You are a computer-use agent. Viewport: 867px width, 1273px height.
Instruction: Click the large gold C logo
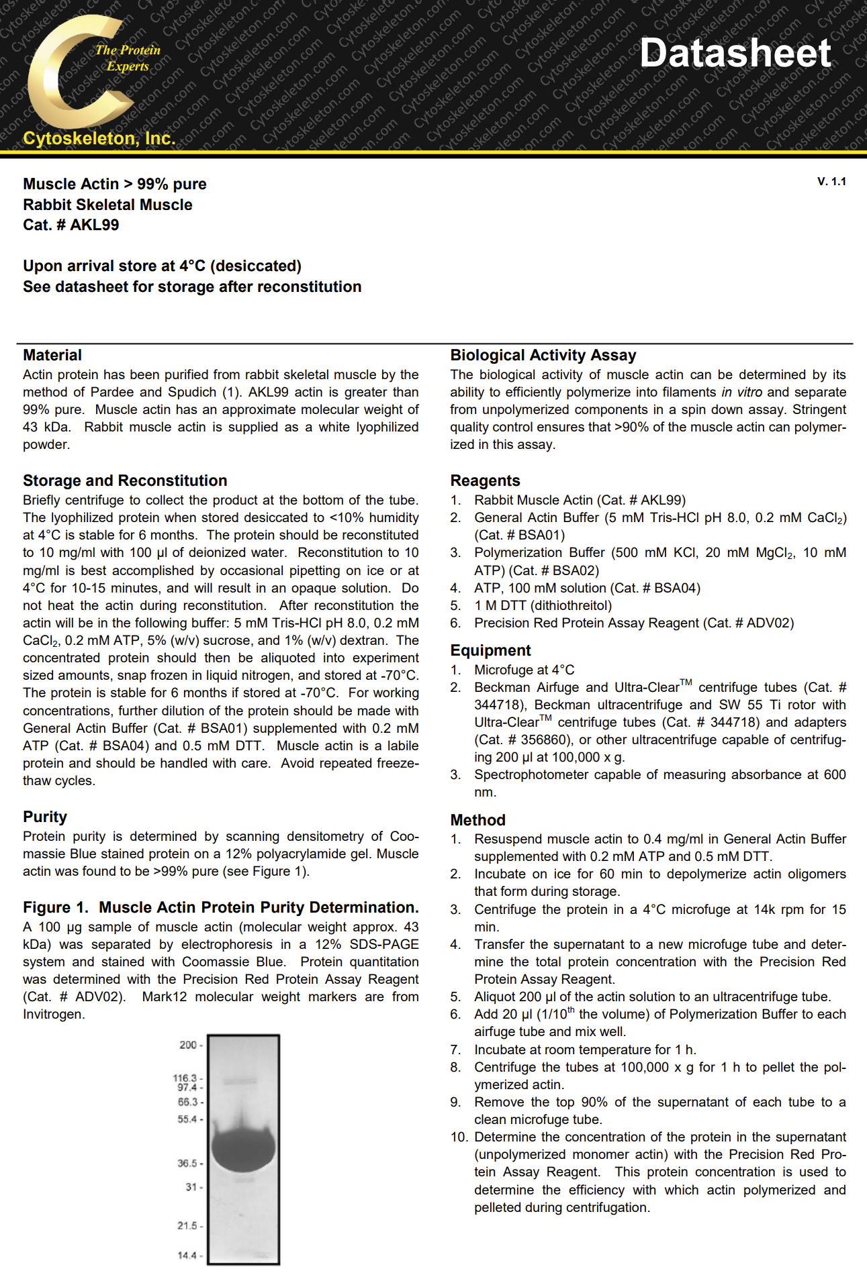(71, 74)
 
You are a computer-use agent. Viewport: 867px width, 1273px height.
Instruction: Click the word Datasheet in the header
(735, 53)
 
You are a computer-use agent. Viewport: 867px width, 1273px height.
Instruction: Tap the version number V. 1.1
(831, 182)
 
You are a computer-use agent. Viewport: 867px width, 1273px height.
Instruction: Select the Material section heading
(52, 355)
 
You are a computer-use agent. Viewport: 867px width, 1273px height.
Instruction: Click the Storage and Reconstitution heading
(125, 480)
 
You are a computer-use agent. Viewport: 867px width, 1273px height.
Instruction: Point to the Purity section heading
(45, 817)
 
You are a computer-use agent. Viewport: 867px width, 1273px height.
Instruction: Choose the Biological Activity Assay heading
(543, 355)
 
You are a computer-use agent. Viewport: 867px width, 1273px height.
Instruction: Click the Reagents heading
(485, 480)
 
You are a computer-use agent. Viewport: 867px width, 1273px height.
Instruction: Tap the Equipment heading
(490, 650)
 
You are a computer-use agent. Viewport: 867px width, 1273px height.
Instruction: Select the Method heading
(477, 820)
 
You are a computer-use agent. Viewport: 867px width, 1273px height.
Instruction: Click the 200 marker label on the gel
(188, 1045)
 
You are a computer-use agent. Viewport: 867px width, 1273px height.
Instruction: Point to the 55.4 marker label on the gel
(187, 1119)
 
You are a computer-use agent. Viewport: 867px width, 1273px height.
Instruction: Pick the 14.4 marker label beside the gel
(187, 1256)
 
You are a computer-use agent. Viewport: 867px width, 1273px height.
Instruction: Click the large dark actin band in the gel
(243, 1149)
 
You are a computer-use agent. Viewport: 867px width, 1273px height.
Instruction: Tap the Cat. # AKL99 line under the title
(71, 225)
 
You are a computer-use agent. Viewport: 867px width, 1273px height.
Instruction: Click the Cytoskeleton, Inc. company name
(99, 138)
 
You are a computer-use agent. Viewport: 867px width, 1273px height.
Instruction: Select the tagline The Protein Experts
(128, 58)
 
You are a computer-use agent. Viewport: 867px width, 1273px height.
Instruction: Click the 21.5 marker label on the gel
(187, 1225)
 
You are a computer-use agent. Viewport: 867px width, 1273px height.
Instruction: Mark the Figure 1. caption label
(56, 907)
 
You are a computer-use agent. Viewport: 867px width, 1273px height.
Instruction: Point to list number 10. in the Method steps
(459, 1137)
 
